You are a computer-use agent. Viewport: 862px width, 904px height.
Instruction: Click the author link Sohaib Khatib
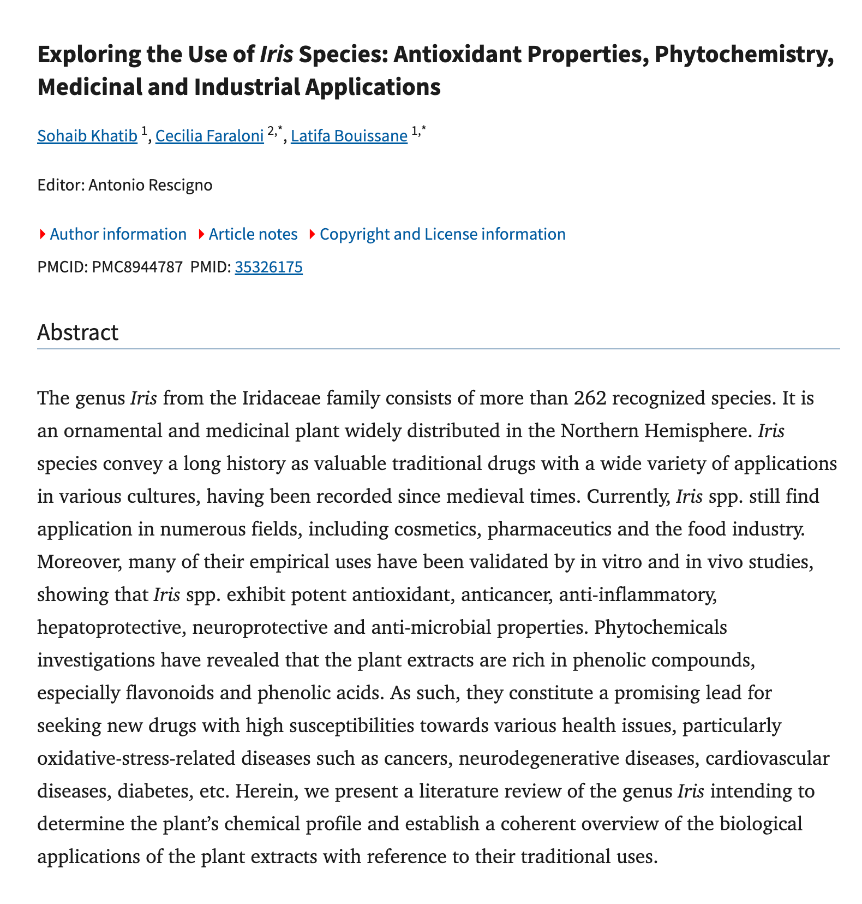pos(87,136)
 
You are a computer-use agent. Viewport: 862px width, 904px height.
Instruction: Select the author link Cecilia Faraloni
pos(209,136)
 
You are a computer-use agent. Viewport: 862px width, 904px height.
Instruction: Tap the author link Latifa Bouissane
pos(349,136)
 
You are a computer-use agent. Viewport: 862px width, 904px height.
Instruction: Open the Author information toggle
pos(118,234)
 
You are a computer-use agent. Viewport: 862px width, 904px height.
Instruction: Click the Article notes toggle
pos(253,234)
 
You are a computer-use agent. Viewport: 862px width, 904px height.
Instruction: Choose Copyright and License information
pos(442,234)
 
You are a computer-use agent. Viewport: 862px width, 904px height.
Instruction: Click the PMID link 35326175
pos(268,267)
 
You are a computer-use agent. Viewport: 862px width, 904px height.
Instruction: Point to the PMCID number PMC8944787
pos(137,267)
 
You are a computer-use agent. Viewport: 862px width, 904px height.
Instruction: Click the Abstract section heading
pos(77,332)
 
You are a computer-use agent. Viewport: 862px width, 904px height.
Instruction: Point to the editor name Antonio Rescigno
pos(150,185)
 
